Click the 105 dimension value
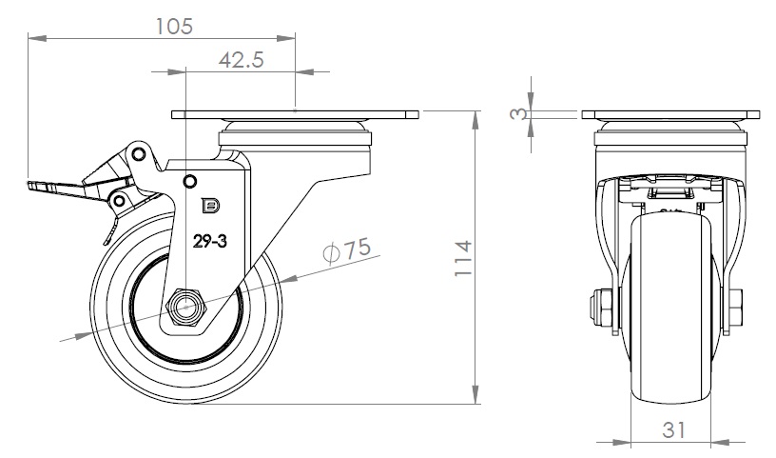174,27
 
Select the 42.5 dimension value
242,59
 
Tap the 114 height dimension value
463,258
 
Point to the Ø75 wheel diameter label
346,249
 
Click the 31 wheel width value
673,429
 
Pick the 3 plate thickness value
518,114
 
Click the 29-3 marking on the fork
210,242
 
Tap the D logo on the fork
211,206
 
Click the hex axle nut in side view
186,307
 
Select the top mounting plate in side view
295,115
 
